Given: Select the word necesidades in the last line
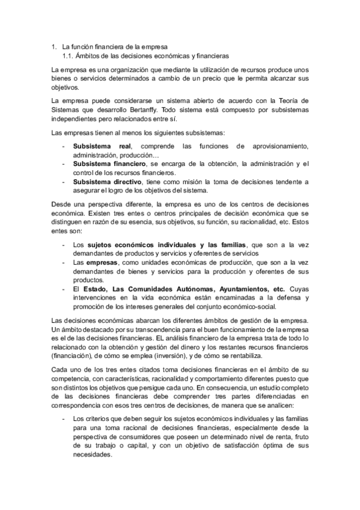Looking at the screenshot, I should coord(93,455).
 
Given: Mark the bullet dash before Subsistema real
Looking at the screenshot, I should coord(64,146).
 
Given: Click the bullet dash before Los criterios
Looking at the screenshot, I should coord(64,418).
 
